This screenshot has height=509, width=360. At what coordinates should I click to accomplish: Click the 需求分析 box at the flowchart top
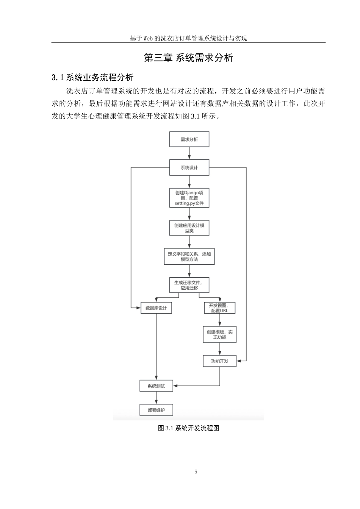click(x=189, y=139)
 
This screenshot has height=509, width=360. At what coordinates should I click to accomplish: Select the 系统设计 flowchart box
click(x=189, y=167)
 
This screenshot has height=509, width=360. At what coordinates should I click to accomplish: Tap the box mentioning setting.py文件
click(x=189, y=198)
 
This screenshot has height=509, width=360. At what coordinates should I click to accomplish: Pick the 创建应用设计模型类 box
click(x=189, y=228)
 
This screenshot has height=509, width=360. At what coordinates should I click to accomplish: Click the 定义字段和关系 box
click(x=189, y=256)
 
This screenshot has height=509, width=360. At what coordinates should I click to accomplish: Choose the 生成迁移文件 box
click(x=189, y=285)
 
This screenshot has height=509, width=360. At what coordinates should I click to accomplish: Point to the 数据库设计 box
click(x=156, y=308)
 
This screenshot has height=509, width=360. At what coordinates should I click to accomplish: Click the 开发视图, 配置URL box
click(x=219, y=308)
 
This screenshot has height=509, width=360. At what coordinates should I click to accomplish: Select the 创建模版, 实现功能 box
click(x=219, y=334)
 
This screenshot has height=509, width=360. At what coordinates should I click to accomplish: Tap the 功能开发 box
click(x=219, y=361)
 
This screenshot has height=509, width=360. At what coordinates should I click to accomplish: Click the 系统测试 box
click(x=156, y=386)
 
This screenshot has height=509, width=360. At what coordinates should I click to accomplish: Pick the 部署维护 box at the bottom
click(x=156, y=410)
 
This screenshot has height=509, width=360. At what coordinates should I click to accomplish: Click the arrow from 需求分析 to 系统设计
click(x=189, y=153)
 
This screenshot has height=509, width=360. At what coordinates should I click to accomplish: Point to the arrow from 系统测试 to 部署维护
click(x=156, y=398)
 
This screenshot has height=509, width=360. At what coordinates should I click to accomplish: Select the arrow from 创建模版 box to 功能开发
click(x=219, y=349)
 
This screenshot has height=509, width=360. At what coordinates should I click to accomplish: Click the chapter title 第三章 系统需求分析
click(x=189, y=58)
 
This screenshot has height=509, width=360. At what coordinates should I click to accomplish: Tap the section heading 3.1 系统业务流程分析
click(x=92, y=78)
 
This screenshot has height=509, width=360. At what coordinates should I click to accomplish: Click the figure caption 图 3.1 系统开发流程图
click(x=189, y=428)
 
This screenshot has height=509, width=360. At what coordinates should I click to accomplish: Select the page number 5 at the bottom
click(x=196, y=472)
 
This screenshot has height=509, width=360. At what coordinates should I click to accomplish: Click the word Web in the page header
click(x=148, y=38)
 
